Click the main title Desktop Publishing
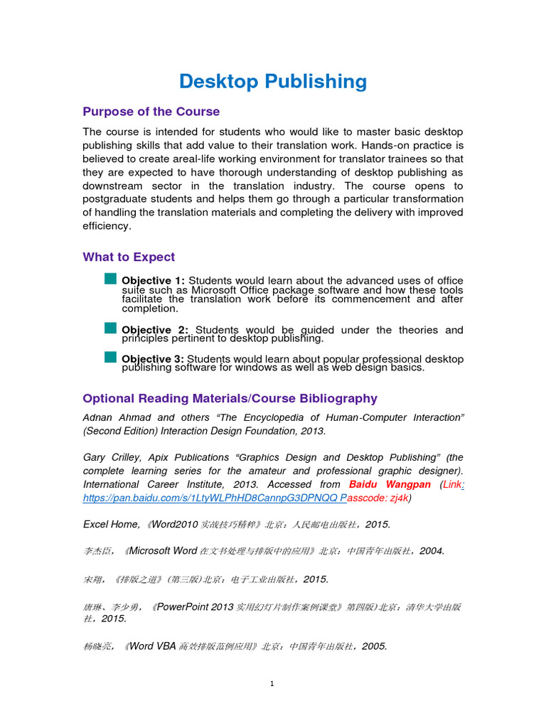pyautogui.click(x=273, y=82)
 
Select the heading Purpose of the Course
pyautogui.click(x=151, y=112)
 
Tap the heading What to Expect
pyautogui.click(x=129, y=257)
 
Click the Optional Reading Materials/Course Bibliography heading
pyautogui.click(x=230, y=398)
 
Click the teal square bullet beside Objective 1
pyautogui.click(x=109, y=279)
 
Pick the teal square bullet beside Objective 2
pyautogui.click(x=109, y=328)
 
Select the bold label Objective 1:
pyautogui.click(x=153, y=281)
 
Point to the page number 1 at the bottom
pyautogui.click(x=272, y=684)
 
